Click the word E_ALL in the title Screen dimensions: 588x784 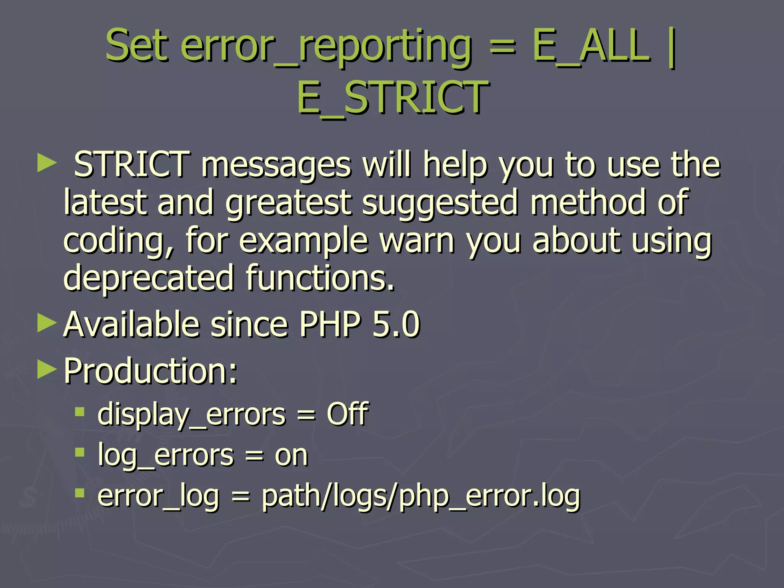[591, 47]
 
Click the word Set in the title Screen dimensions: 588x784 [137, 46]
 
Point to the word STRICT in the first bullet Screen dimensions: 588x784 [131, 164]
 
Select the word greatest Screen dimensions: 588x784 [288, 203]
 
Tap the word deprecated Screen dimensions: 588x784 [149, 278]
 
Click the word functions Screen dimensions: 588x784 [320, 278]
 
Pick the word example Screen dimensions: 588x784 [304, 241]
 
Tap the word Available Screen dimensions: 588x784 [131, 324]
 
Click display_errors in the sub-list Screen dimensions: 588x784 [191, 415]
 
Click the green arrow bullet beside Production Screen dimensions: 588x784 [47, 369]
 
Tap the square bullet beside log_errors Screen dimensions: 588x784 [80, 453]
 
